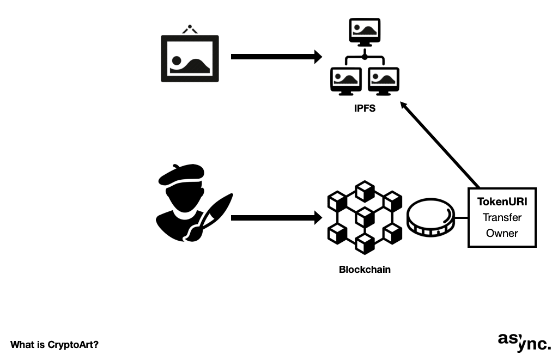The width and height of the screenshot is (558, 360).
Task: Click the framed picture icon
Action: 190,58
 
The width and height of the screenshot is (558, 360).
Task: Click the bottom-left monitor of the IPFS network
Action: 346,81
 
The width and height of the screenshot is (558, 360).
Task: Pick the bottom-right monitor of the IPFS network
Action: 384,81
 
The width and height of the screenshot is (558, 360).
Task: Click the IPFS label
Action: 365,109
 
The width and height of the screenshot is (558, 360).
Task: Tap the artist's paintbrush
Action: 210,215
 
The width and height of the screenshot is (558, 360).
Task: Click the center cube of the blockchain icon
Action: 365,217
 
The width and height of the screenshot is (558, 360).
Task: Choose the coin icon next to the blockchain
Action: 430,218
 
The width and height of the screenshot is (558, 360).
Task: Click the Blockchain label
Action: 365,270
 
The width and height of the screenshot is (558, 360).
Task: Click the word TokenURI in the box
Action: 502,202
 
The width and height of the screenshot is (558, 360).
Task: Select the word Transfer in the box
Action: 502,217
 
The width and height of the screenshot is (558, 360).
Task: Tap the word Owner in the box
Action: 502,233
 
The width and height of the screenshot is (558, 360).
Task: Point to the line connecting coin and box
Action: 461,218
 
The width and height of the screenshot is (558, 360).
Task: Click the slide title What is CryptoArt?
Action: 54,345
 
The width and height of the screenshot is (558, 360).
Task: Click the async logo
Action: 524,341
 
